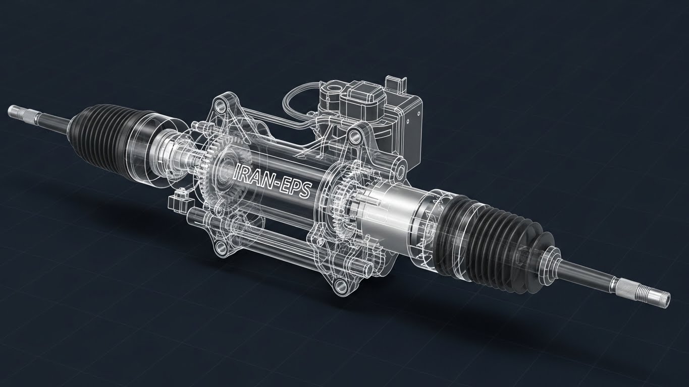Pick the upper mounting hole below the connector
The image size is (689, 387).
point(354,135)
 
